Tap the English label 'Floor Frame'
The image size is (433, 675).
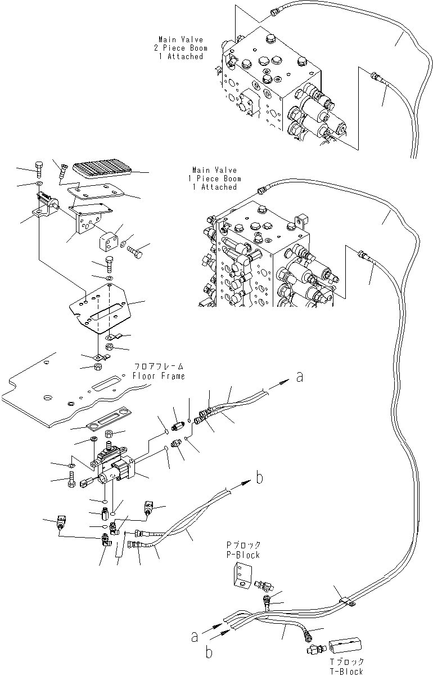158,376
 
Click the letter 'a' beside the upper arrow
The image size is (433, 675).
300,377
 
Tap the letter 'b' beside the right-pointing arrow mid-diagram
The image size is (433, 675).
259,479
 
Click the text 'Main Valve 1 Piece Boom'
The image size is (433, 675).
214,178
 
